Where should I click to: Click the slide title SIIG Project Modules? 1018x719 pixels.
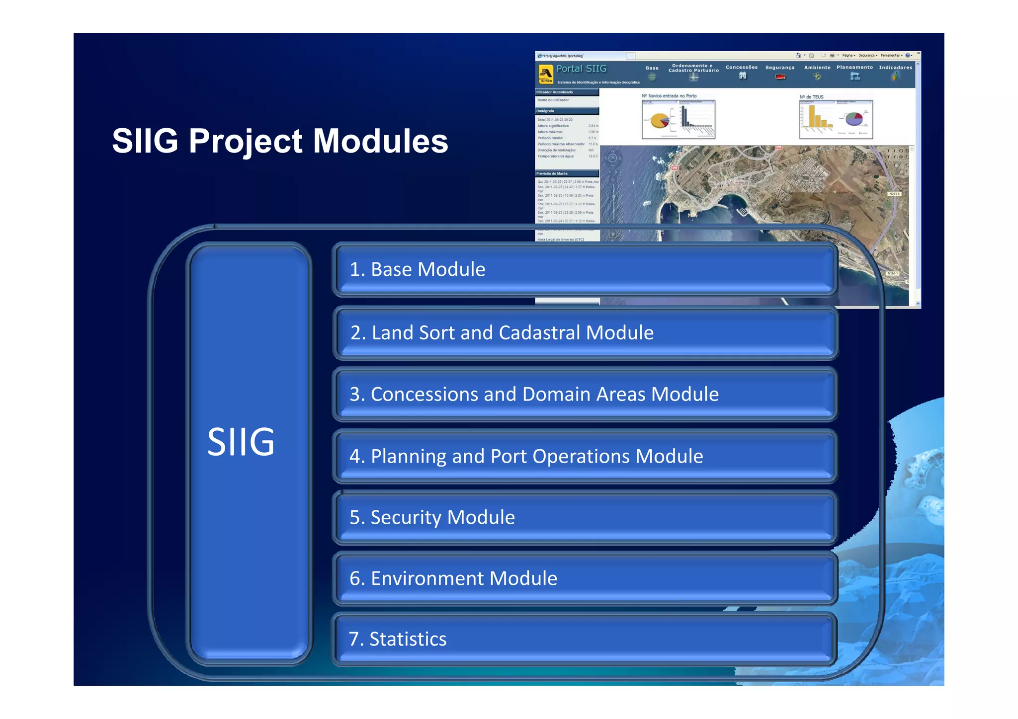click(280, 141)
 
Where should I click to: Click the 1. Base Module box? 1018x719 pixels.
click(584, 269)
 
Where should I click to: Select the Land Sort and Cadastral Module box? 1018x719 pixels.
click(584, 332)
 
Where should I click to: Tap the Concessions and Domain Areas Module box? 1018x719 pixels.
click(584, 394)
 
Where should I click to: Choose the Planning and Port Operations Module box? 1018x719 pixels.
click(584, 456)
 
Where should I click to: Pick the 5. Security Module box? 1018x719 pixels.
click(584, 517)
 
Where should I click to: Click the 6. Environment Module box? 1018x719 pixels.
click(584, 578)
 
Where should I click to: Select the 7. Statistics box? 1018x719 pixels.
click(584, 639)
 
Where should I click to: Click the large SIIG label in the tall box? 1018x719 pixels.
click(241, 442)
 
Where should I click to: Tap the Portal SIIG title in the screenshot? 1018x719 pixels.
click(581, 69)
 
